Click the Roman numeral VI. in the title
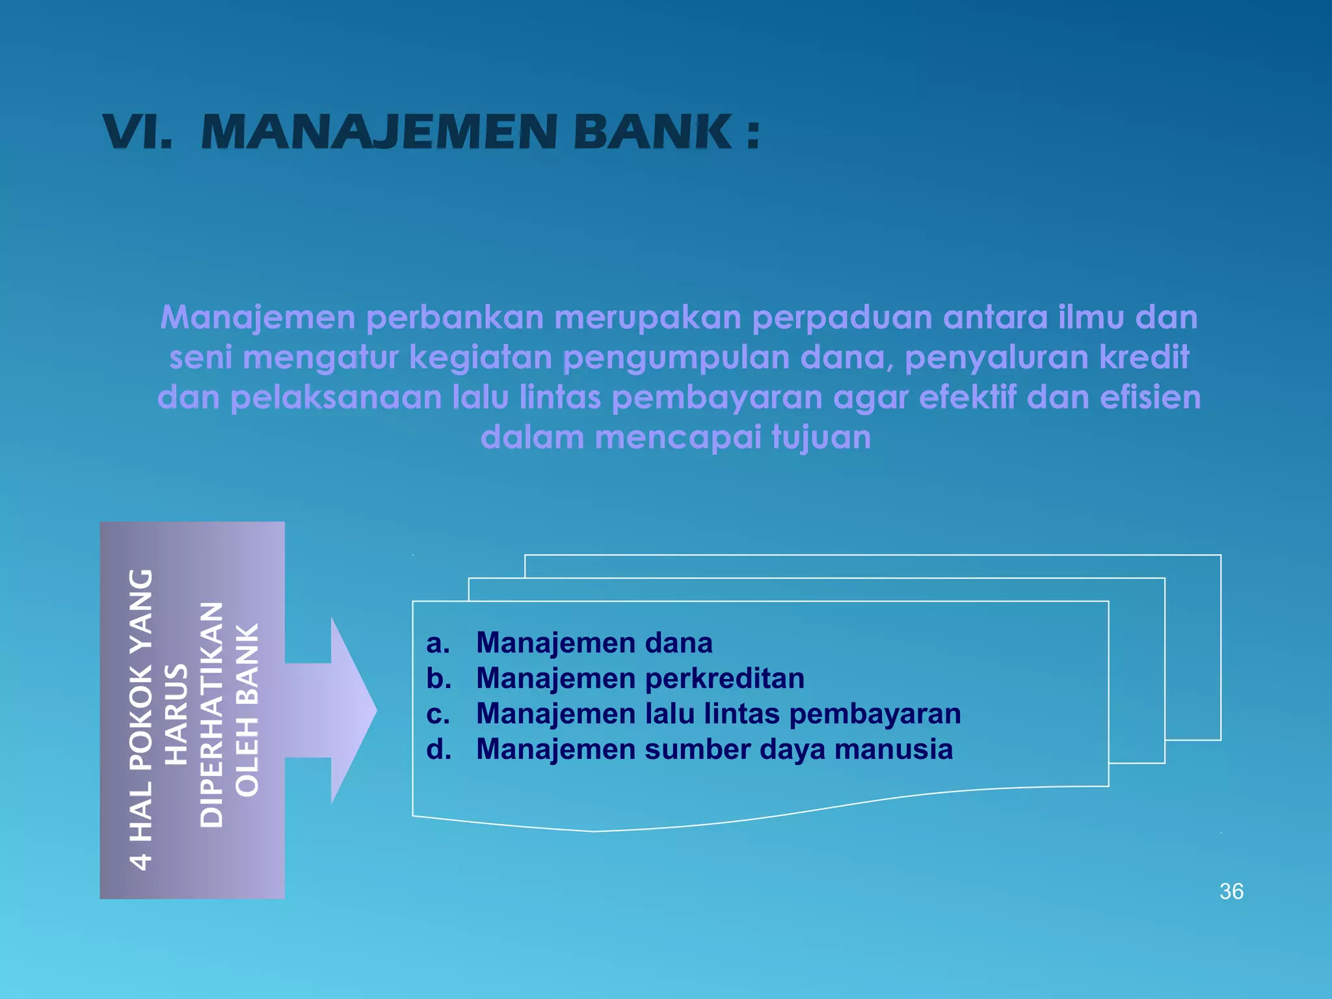(x=138, y=132)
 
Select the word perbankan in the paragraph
(x=455, y=318)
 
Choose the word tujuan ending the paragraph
(x=821, y=438)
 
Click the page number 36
(x=1231, y=892)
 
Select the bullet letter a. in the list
(x=438, y=643)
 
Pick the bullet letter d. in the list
(x=438, y=750)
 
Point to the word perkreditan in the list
(x=725, y=678)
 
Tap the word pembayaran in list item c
(x=875, y=714)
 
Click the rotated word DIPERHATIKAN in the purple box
(x=211, y=714)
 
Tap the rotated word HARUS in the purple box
(x=176, y=714)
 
